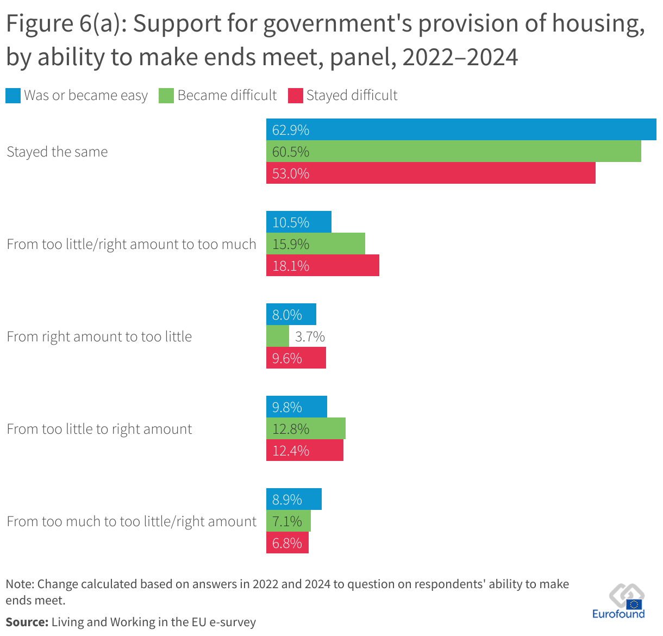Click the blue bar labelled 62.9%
(461, 129)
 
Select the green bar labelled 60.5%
(453, 151)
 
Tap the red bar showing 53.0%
(430, 173)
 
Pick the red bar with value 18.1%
(322, 265)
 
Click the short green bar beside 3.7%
(277, 336)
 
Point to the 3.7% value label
(310, 336)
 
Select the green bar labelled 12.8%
(305, 428)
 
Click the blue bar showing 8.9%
(293, 499)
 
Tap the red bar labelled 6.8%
(287, 543)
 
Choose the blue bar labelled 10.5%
(298, 222)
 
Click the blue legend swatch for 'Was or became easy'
(13, 96)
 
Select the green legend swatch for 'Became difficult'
(166, 96)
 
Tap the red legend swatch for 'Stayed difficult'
(295, 96)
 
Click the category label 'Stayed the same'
(57, 152)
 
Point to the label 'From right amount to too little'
(99, 336)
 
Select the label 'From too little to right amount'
(99, 429)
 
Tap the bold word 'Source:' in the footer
(27, 622)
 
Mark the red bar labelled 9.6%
(296, 358)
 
